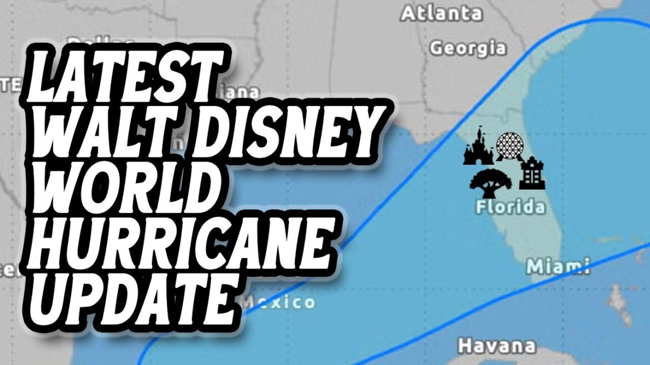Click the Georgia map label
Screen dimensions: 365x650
coord(468,48)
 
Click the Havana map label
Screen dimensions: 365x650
coord(496,346)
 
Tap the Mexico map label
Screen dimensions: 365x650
coord(278,302)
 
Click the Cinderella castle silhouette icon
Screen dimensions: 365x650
coord(478,149)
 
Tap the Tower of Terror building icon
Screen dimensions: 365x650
coord(532,173)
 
